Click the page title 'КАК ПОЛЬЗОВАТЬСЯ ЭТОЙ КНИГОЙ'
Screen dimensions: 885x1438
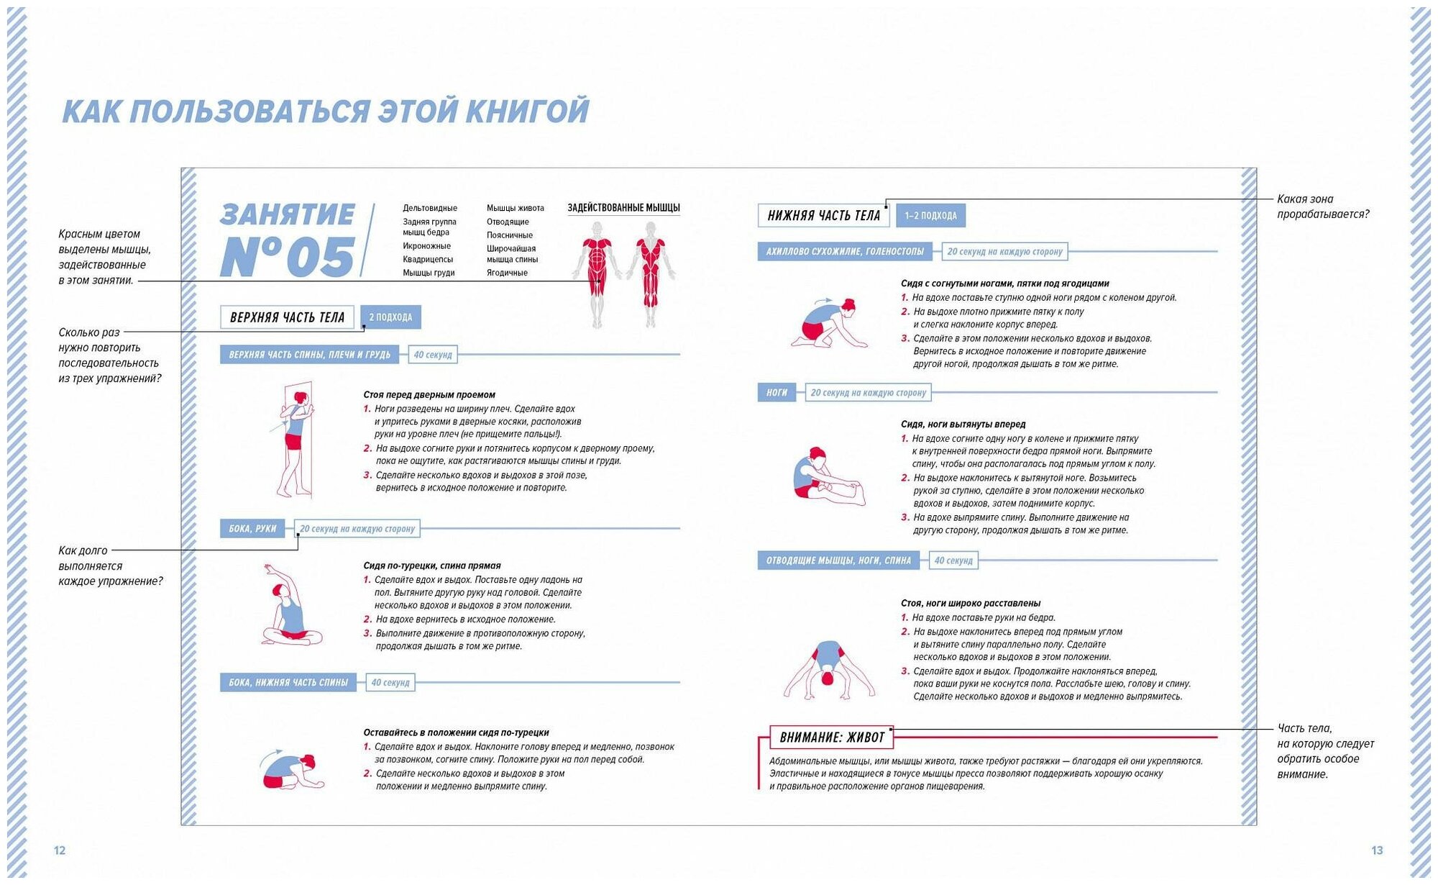[325, 112]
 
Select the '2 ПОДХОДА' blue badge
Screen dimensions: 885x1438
[390, 317]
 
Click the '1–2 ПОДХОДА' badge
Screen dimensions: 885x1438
[930, 215]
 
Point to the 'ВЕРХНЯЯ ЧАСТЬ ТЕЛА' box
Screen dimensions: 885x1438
[287, 317]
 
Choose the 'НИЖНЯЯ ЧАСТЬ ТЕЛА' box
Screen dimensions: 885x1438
[823, 215]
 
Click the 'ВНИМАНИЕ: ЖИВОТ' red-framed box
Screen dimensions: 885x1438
[832, 737]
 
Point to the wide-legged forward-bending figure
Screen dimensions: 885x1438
[828, 670]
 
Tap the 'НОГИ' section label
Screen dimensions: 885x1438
[777, 393]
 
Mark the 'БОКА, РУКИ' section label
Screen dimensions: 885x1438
[252, 529]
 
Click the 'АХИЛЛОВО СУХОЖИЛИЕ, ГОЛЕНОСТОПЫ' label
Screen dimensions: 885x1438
[844, 252]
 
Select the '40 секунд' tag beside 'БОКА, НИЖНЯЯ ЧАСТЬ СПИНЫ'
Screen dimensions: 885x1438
[390, 683]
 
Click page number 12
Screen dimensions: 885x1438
[60, 850]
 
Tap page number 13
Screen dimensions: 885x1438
[1377, 850]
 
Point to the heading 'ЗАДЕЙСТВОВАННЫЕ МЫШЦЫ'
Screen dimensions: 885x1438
[623, 208]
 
